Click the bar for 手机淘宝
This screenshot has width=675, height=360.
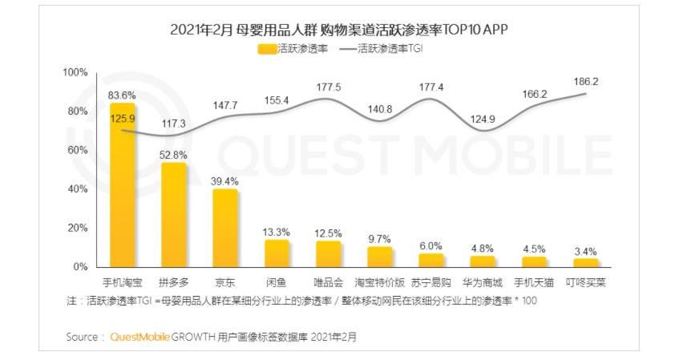(123, 185)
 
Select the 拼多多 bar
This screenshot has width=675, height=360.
(174, 215)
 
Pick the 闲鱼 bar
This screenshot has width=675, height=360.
(277, 253)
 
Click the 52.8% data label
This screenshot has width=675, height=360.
(174, 154)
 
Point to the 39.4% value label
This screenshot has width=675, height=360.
(225, 181)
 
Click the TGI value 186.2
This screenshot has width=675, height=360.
(586, 81)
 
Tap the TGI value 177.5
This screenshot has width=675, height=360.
(328, 87)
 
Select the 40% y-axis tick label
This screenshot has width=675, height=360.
(77, 189)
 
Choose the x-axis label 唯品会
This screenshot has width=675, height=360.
(328, 282)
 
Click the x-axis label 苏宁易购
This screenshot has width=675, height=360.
(430, 282)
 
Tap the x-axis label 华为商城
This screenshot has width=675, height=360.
(482, 282)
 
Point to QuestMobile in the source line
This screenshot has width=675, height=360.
(139, 337)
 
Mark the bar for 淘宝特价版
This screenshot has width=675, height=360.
(379, 257)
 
